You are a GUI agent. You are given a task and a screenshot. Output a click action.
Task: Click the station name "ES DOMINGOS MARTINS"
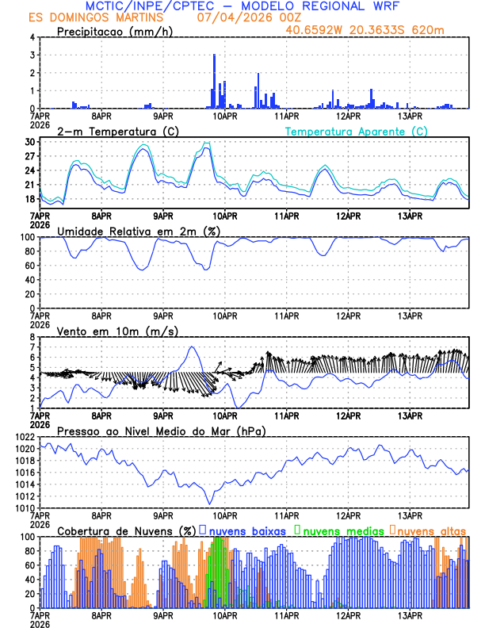click(97, 17)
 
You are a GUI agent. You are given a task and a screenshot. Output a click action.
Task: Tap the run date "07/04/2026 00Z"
click(241, 17)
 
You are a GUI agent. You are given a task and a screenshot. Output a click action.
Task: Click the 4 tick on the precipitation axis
click(32, 37)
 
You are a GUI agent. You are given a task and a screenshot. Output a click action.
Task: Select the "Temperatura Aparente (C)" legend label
click(356, 131)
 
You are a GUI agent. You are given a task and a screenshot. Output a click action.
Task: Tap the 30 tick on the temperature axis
click(30, 142)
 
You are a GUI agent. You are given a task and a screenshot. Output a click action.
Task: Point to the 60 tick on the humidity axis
click(30, 266)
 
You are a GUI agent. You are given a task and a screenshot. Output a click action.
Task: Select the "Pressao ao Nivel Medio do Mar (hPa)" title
click(161, 431)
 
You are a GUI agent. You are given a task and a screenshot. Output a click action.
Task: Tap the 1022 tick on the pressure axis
click(25, 437)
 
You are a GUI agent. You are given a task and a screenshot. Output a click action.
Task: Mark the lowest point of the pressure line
click(210, 504)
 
